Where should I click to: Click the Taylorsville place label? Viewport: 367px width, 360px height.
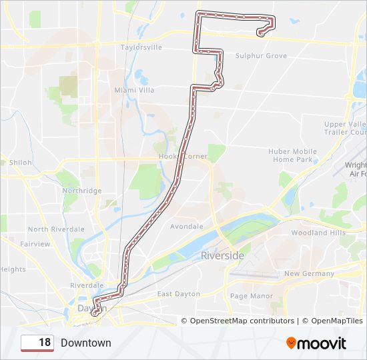pos(141,48)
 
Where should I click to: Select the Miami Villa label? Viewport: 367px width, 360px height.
pos(134,90)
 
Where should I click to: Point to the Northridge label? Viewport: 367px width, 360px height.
pos(82,191)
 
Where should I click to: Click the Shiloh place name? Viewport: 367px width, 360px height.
pos(20,163)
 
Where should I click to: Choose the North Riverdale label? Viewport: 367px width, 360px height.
pos(56,229)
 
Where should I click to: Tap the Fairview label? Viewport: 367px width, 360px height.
pos(35,244)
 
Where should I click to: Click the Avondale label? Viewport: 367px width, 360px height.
pos(187,227)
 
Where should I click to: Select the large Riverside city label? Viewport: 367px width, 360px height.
pos(223,255)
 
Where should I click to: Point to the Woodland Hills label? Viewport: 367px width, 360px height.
pos(318,233)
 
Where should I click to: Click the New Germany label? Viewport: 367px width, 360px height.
pos(309,274)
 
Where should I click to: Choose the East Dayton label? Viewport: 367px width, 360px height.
pos(179,294)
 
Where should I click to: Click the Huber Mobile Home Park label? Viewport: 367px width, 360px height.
pos(293,155)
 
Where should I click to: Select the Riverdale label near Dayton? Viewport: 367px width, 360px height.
pos(87,285)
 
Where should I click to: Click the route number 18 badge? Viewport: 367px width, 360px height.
pos(37,343)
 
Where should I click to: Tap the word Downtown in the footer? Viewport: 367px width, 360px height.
pos(85,343)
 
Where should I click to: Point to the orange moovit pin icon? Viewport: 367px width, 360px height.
pos(292,343)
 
